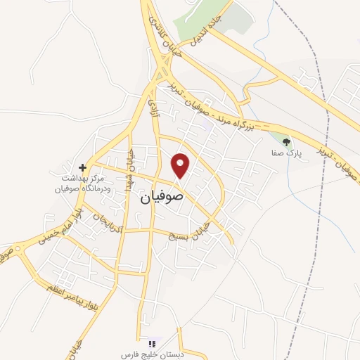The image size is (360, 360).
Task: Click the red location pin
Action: pyautogui.click(x=181, y=165)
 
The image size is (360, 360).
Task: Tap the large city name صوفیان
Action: pyautogui.click(x=162, y=197)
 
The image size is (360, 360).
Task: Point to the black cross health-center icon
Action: pyautogui.click(x=83, y=167)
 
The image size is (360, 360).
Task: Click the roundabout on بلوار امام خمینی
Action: pyautogui.click(x=22, y=247)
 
